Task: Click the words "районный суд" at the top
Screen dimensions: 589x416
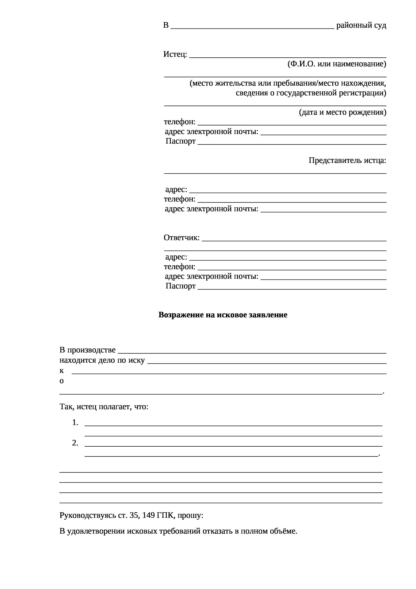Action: click(x=361, y=25)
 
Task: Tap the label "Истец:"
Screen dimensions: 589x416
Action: click(x=175, y=55)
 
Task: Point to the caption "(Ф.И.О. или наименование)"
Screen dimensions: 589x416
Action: click(x=337, y=64)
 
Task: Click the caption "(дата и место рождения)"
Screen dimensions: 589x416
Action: click(x=342, y=112)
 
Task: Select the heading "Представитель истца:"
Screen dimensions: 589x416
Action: click(x=347, y=160)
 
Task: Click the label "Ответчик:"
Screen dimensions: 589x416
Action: click(x=181, y=238)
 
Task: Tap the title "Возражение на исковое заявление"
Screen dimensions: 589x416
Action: click(x=223, y=315)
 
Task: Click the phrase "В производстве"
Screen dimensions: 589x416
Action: click(x=87, y=350)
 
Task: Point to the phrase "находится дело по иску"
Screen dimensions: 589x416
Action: click(x=102, y=360)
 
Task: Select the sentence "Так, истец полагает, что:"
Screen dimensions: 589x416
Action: click(x=104, y=407)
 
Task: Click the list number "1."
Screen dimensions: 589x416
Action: click(x=75, y=423)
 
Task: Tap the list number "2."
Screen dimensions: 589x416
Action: click(x=75, y=443)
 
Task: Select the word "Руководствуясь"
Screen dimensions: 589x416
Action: click(x=88, y=515)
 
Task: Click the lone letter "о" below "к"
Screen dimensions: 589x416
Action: click(x=62, y=381)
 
